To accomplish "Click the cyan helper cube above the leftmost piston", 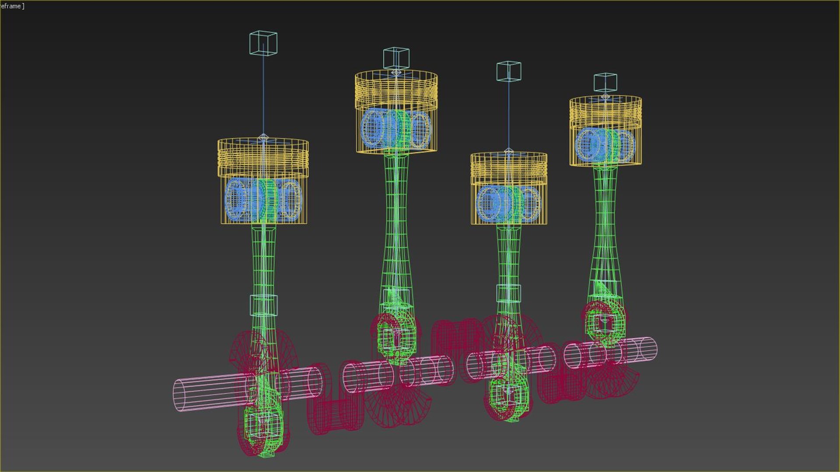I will click(263, 43).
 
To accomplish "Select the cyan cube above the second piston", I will click(396, 58).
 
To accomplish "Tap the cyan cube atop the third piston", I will click(508, 71).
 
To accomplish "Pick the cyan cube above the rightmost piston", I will click(605, 83).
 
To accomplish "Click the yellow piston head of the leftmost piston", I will click(263, 157).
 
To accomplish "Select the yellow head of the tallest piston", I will click(396, 90).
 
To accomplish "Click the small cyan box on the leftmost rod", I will click(263, 305).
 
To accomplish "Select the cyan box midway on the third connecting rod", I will click(508, 293).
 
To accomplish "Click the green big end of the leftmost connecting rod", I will click(262, 427).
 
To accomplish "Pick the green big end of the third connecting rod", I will click(507, 396).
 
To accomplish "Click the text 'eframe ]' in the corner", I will click(12, 6).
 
